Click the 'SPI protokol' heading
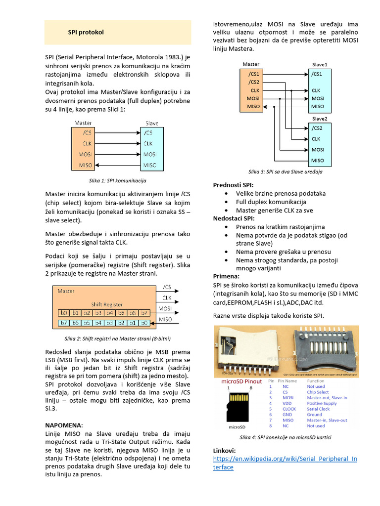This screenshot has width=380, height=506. coord(86,33)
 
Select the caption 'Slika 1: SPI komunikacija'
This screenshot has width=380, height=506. coord(117,181)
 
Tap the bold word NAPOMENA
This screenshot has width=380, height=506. coord(64,425)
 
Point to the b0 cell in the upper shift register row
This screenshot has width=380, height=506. coord(63,313)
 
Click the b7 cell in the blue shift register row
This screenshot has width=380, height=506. coord(63,323)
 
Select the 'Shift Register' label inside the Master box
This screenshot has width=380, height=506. coord(106,304)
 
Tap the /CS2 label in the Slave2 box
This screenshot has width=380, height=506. coord(317,128)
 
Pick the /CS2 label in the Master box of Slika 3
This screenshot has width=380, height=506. coord(254,82)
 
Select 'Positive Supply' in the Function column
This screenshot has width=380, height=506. coord(322,403)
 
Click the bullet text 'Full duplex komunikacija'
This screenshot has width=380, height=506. coord(271,202)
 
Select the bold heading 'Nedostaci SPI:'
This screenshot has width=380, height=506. coord(234,218)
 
